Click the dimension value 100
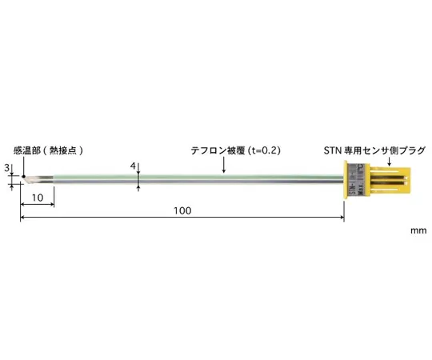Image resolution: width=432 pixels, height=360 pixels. point(183,210)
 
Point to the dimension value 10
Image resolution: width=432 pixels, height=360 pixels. point(37,197)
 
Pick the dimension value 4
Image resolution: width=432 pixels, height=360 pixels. point(132,166)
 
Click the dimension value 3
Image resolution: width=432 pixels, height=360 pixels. point(8,167)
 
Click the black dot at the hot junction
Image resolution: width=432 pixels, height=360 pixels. point(24,178)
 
